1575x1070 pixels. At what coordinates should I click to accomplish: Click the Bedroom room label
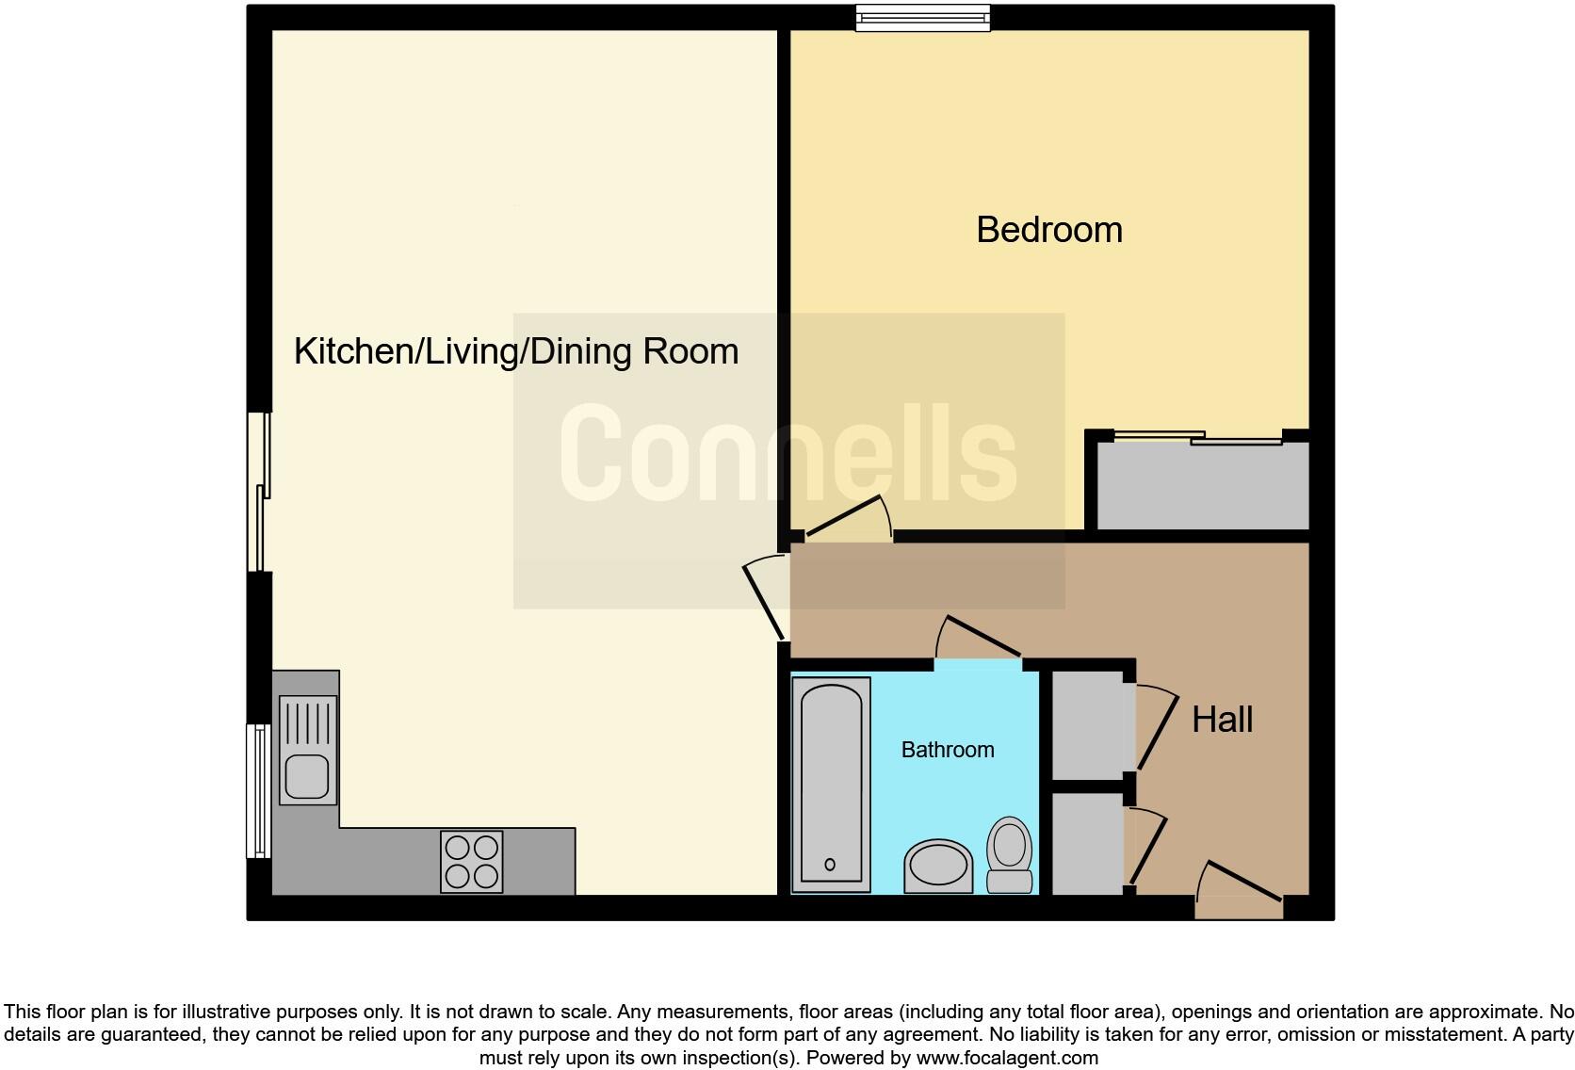click(x=1048, y=230)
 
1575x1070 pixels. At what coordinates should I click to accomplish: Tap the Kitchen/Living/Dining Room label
click(x=515, y=351)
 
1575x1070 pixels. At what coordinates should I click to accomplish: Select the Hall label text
click(x=1222, y=720)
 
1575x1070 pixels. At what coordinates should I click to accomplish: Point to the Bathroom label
click(x=947, y=750)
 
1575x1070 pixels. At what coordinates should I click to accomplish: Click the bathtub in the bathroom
click(x=830, y=784)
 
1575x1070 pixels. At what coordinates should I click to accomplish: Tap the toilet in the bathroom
click(x=1009, y=854)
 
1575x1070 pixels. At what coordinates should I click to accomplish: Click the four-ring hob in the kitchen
click(x=471, y=861)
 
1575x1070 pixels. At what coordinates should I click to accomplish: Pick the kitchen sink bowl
click(x=306, y=776)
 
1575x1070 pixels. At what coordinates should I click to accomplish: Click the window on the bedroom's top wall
click(x=922, y=18)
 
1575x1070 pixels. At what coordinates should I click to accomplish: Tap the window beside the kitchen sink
click(x=258, y=790)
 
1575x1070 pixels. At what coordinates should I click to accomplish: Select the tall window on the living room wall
click(x=260, y=492)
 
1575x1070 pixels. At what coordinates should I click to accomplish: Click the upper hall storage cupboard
click(x=1088, y=722)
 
